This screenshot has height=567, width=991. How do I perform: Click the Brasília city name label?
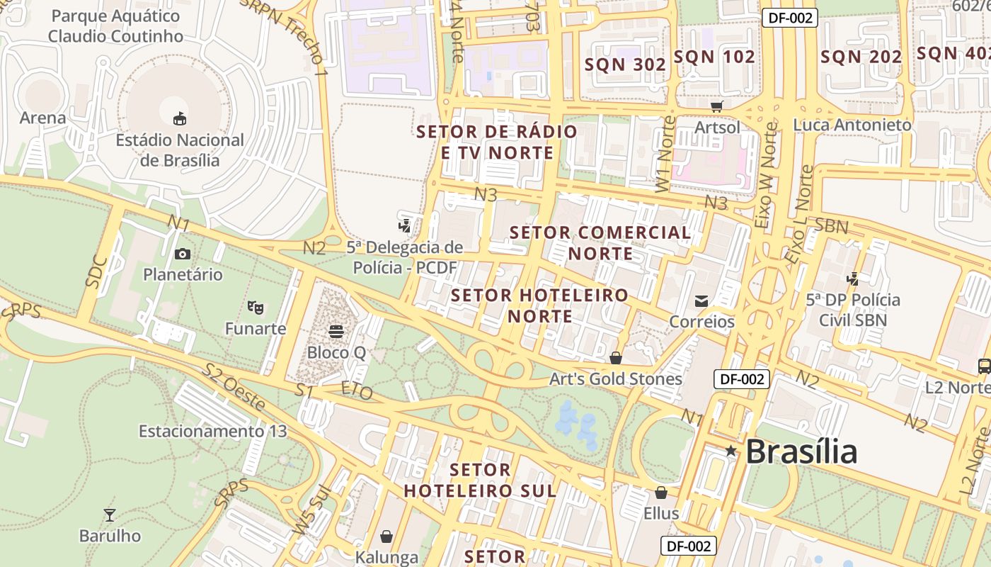pyautogui.click(x=801, y=451)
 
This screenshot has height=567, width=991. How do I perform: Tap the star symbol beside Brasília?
pyautogui.click(x=731, y=451)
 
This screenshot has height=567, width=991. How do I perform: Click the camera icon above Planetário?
pyautogui.click(x=183, y=254)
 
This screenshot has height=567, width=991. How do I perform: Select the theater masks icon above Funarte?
pyautogui.click(x=256, y=308)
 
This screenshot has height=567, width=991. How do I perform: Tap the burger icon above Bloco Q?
pyautogui.click(x=336, y=331)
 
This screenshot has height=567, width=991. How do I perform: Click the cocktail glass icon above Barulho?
pyautogui.click(x=110, y=515)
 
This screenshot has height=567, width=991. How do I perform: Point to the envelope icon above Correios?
pyautogui.click(x=701, y=301)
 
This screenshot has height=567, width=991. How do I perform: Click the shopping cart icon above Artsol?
pyautogui.click(x=717, y=107)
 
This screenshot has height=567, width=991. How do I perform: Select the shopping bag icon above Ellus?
pyautogui.click(x=661, y=492)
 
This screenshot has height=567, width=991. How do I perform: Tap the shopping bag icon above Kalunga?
pyautogui.click(x=386, y=537)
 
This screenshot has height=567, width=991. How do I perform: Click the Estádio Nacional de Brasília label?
pyautogui.click(x=180, y=150)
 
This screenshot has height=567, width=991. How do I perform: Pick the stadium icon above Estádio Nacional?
pyautogui.click(x=180, y=118)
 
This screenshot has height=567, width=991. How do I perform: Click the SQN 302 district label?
pyautogui.click(x=625, y=64)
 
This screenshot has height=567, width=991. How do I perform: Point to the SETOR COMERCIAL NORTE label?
pyautogui.click(x=600, y=242)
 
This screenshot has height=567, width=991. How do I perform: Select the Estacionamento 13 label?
pyautogui.click(x=212, y=431)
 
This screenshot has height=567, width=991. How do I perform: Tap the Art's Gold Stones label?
pyautogui.click(x=616, y=379)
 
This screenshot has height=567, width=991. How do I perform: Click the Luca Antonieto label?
pyautogui.click(x=852, y=125)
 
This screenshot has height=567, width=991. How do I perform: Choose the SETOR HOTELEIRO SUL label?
pyautogui.click(x=480, y=480)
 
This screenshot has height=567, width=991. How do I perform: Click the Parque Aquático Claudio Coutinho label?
pyautogui.click(x=116, y=26)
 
